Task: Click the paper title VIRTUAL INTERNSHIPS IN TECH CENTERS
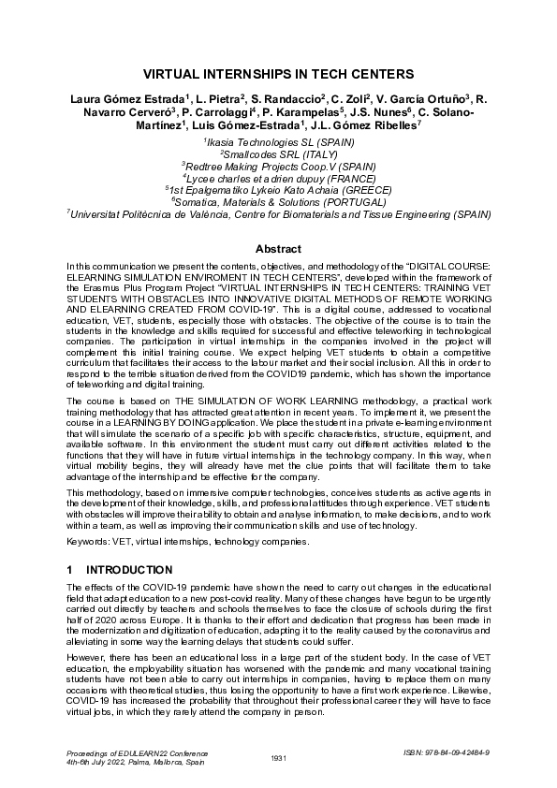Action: point(278,73)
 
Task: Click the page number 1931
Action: point(277,757)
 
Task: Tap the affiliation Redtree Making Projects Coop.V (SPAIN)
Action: point(278,165)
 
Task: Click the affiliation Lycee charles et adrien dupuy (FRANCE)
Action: point(278,177)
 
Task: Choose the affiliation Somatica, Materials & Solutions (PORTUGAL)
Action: point(278,200)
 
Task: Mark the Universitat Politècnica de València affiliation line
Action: point(278,212)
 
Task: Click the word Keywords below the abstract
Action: point(90,542)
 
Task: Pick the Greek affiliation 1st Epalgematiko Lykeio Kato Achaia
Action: point(278,189)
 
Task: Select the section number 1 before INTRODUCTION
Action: point(70,569)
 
